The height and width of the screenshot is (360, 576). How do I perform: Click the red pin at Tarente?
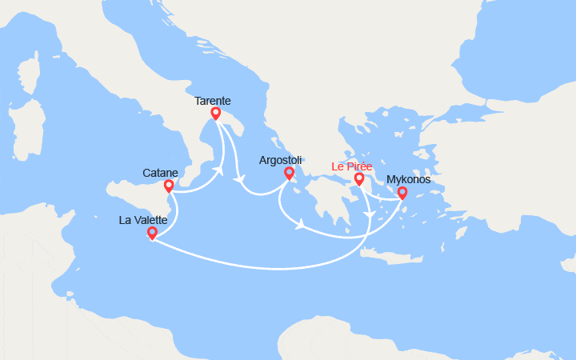point(215,114)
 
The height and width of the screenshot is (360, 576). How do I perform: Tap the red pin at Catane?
point(169,186)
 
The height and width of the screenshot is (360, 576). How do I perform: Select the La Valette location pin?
point(152,233)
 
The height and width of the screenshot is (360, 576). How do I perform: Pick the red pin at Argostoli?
point(289,173)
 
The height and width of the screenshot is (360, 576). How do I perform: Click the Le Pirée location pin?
point(359,178)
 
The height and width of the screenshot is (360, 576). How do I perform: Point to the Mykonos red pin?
point(402,192)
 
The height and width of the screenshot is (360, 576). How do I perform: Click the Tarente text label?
point(213,101)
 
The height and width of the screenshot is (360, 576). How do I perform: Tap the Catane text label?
point(160,173)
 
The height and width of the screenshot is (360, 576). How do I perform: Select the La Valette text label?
point(144,218)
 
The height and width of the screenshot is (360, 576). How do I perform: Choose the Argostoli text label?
point(281,160)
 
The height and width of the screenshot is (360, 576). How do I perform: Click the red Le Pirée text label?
point(352,166)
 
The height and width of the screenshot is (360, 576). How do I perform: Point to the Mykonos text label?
point(409,179)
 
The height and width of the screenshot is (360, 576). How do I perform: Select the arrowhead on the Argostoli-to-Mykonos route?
point(299,225)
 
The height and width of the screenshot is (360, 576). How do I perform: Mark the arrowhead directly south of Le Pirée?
point(367,214)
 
